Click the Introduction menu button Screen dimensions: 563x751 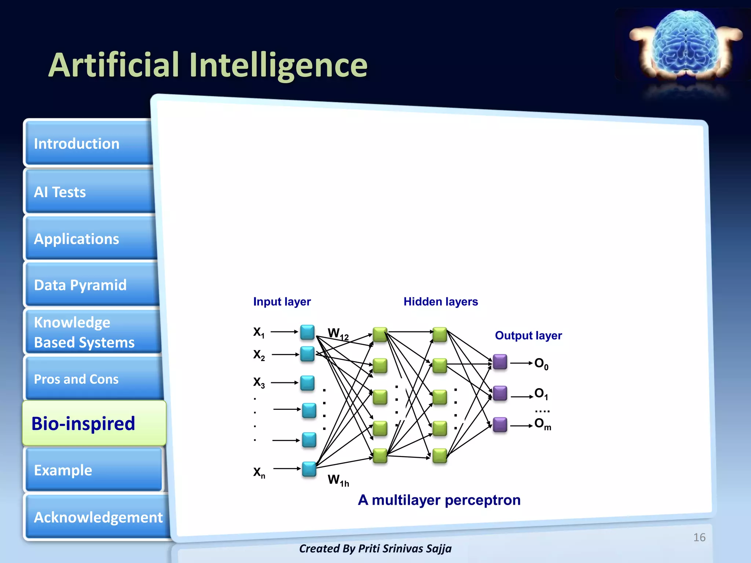pyautogui.click(x=88, y=144)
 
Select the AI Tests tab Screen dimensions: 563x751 pyautogui.click(x=88, y=192)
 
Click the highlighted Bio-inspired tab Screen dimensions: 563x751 pyautogui.click(x=94, y=424)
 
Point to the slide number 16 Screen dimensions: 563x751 pyautogui.click(x=699, y=537)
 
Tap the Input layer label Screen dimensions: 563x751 pyautogui.click(x=282, y=302)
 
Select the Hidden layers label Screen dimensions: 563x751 pyautogui.click(x=440, y=302)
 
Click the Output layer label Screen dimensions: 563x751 pyautogui.click(x=528, y=335)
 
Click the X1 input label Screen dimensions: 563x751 pyautogui.click(x=259, y=332)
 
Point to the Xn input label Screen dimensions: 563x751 pyautogui.click(x=259, y=472)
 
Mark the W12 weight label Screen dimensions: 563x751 pyautogui.click(x=338, y=334)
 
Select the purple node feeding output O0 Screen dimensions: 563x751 pyautogui.click(x=500, y=362)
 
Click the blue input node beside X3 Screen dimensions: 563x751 pyautogui.click(x=307, y=383)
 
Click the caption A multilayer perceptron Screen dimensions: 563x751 pyautogui.click(x=439, y=500)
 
